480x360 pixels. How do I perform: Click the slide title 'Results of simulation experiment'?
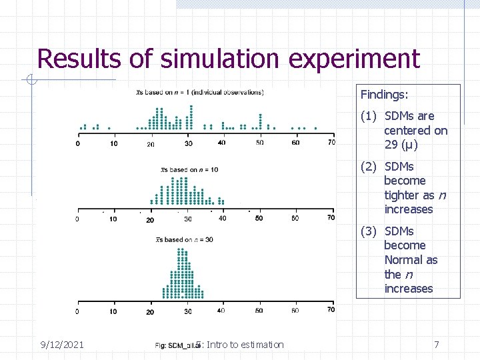click(x=229, y=59)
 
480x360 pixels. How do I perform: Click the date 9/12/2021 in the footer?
click(x=61, y=344)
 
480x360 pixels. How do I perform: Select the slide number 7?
click(x=436, y=344)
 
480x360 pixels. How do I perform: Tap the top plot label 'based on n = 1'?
click(x=200, y=92)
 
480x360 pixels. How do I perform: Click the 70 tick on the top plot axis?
click(x=331, y=143)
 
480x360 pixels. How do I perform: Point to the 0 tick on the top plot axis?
click(x=78, y=143)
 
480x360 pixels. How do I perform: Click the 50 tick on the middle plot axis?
click(x=259, y=218)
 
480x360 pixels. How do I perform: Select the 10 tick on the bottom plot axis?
click(x=113, y=311)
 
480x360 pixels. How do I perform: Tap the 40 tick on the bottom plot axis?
click(x=221, y=311)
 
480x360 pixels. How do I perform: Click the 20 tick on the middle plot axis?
click(x=150, y=219)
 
